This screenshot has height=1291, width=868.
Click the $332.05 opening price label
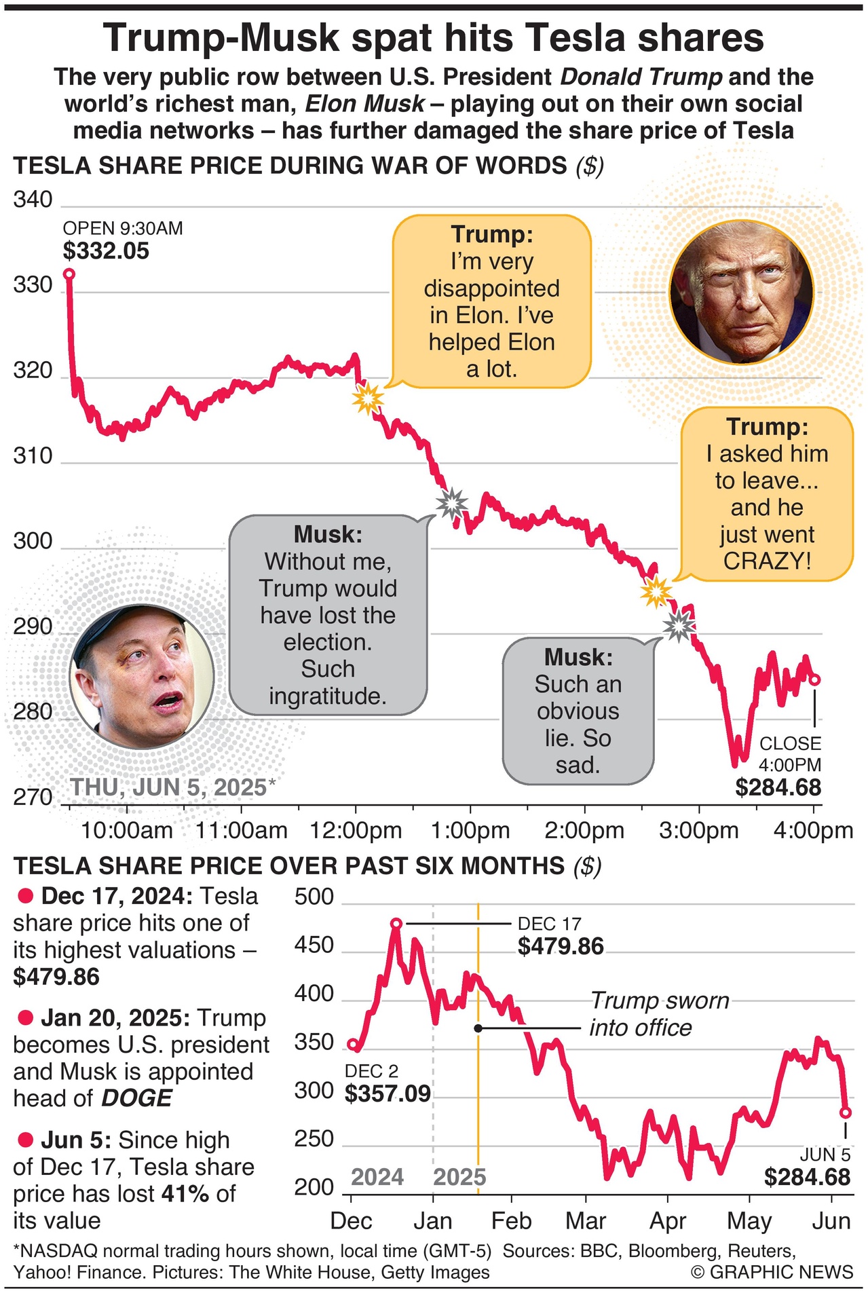106,251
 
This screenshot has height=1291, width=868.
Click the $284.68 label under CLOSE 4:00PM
778,787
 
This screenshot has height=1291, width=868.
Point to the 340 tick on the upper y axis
33,200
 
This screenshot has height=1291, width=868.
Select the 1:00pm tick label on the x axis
470,830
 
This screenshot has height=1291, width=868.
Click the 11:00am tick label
242,830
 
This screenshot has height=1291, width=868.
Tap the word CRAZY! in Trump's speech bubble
767,561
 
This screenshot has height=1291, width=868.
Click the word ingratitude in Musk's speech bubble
327,696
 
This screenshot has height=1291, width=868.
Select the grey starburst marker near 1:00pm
451,504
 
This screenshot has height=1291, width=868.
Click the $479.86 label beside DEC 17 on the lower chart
561,946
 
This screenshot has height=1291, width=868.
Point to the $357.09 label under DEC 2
388,1093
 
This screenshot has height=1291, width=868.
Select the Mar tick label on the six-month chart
586,1220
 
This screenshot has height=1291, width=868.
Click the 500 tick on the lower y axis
314,897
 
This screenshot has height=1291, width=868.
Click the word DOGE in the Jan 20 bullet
136,1098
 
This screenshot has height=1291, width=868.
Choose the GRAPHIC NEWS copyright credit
772,1271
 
